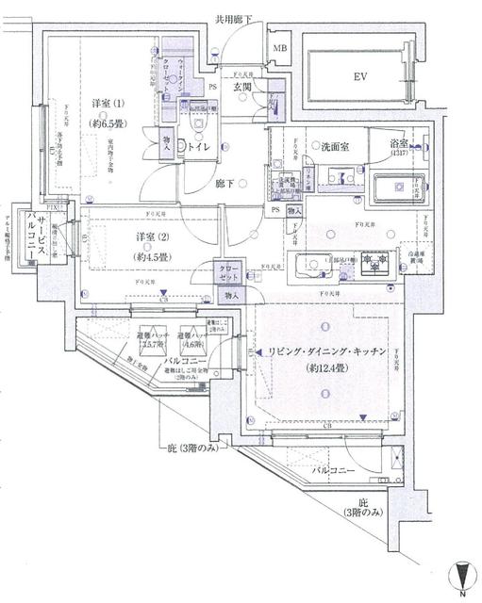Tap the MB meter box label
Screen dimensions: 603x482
pyautogui.click(x=280, y=47)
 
